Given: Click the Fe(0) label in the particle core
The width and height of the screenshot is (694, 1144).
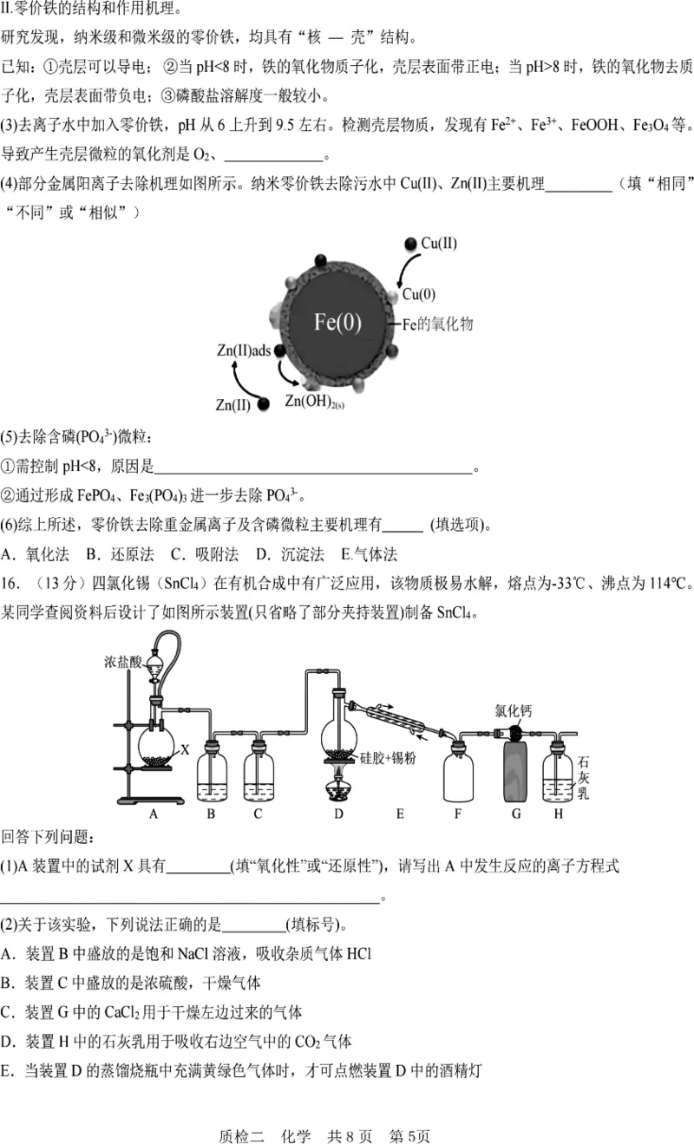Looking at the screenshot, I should coord(337,323).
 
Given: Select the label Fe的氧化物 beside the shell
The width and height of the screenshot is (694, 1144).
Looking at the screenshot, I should coord(438,324).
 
